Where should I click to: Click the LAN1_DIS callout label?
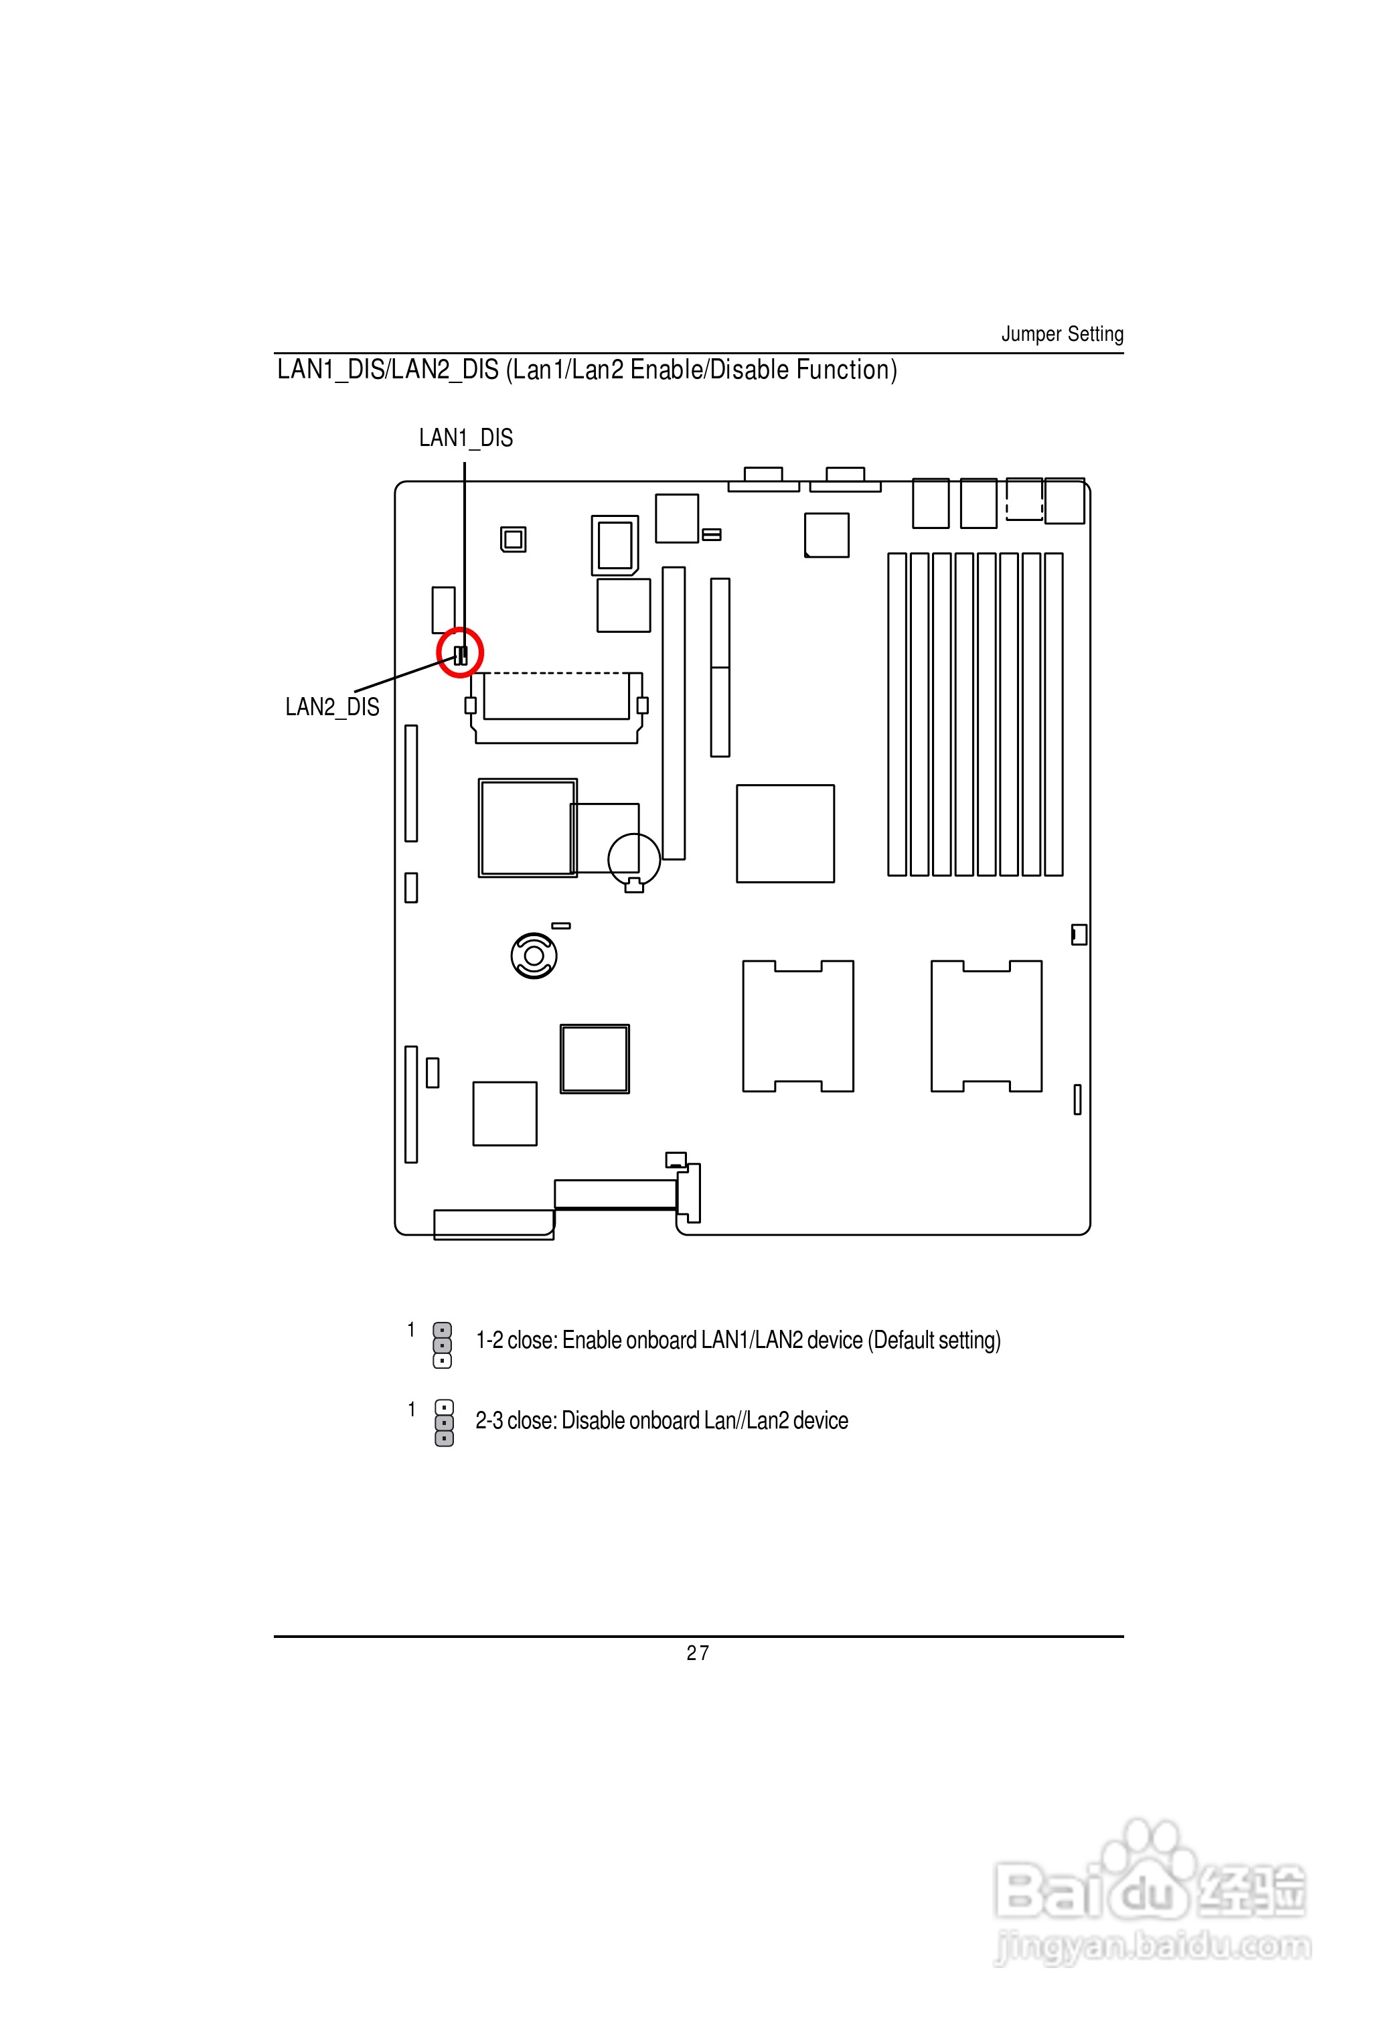(x=465, y=438)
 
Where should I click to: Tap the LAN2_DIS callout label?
(x=332, y=707)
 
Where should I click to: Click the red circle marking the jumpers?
(x=460, y=652)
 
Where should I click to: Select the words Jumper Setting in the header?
(x=1062, y=333)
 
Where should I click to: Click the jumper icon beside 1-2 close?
(x=443, y=1345)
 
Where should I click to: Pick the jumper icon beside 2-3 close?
(x=444, y=1422)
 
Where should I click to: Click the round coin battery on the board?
(x=634, y=859)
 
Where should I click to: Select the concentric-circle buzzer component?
(x=534, y=956)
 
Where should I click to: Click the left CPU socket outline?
(x=798, y=1026)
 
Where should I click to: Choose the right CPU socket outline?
(x=986, y=1026)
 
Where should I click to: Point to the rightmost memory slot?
(x=1054, y=714)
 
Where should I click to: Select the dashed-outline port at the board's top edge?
(x=1024, y=500)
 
